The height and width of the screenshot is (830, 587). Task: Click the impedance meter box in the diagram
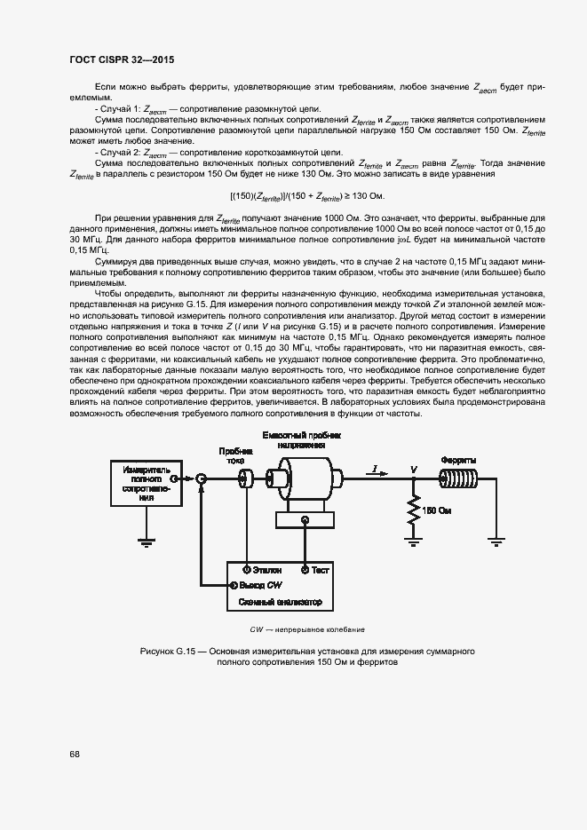click(x=140, y=482)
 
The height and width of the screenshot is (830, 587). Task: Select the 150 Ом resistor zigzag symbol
click(x=413, y=510)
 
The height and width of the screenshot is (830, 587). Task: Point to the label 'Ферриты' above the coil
click(x=458, y=460)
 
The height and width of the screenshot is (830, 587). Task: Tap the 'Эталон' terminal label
click(x=267, y=569)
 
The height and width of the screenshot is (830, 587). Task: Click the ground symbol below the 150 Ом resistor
click(x=413, y=535)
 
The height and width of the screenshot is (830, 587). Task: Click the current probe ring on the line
click(x=242, y=478)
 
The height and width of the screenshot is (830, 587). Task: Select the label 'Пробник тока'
click(x=234, y=455)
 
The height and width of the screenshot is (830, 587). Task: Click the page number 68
click(x=75, y=755)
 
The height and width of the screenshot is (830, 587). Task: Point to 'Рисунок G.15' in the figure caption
click(x=167, y=652)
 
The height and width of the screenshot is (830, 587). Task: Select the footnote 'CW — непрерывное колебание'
click(x=306, y=629)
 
